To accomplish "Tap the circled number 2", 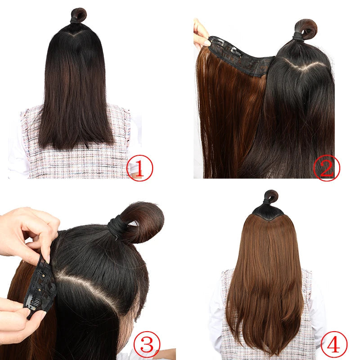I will pos(326,168).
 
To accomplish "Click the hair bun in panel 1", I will pos(79,15).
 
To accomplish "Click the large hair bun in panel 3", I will pos(143,220).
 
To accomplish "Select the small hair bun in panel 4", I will pos(271,197).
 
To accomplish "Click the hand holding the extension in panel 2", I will pos(201,34).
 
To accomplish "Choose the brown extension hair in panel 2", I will pos(229,117).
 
